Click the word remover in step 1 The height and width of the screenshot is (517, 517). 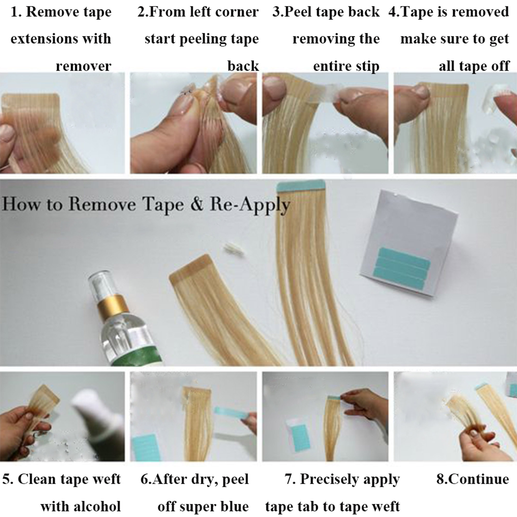click(x=83, y=66)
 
